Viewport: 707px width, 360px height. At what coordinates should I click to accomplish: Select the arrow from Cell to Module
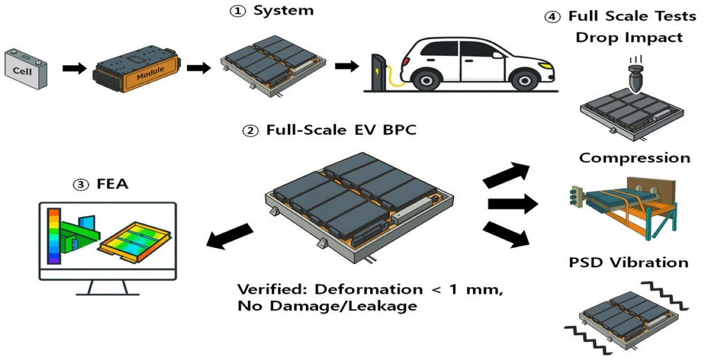point(74,69)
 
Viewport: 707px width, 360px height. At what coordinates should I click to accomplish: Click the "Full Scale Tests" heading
point(631,16)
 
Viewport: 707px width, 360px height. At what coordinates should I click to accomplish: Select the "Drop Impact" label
point(629,37)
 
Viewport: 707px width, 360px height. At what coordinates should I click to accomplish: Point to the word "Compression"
point(635,158)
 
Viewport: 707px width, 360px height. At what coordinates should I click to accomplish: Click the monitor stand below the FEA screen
point(108,287)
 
